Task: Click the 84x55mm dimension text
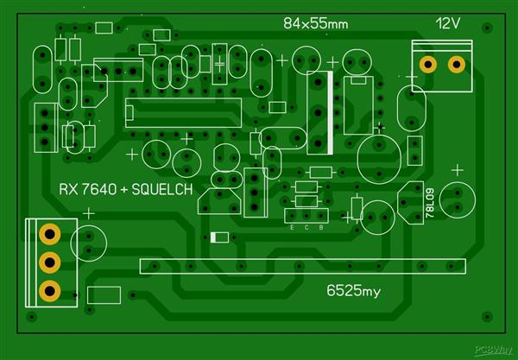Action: click(315, 24)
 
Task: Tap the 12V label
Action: click(449, 23)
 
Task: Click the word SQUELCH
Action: click(163, 190)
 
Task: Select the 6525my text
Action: click(353, 290)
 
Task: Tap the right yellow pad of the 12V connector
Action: click(457, 63)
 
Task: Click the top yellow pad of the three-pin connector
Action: click(49, 233)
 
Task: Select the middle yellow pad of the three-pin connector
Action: click(49, 262)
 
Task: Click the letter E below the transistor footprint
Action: click(294, 228)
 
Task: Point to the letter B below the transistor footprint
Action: click(320, 228)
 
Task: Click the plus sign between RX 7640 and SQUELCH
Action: click(120, 190)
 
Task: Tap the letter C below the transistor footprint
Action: click(307, 228)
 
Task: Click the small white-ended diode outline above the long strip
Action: click(219, 237)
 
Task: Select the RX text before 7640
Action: click(67, 190)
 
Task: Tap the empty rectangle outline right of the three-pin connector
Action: click(104, 295)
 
